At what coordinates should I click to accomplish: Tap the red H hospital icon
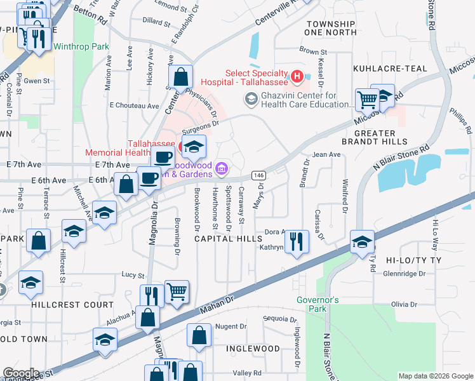(297, 77)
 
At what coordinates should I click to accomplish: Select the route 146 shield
(258, 175)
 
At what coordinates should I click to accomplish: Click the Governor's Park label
(318, 304)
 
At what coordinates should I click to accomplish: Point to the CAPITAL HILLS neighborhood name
(228, 238)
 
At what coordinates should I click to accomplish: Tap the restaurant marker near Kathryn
(297, 241)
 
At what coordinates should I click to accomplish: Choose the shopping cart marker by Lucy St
(177, 291)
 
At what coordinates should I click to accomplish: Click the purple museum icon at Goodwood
(222, 168)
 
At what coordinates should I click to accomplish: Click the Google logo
(21, 373)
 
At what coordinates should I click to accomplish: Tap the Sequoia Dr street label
(279, 319)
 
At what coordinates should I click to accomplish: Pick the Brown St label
(312, 51)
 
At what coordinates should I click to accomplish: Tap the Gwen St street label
(37, 81)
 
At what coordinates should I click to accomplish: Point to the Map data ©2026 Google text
(435, 376)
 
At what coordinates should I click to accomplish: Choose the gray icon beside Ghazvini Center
(251, 98)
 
